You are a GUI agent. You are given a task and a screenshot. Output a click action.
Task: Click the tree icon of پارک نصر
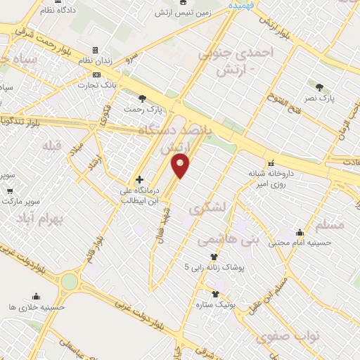320,88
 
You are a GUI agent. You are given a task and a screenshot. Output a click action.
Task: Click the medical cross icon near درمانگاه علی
139,179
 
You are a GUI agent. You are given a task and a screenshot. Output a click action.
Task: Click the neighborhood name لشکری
207,209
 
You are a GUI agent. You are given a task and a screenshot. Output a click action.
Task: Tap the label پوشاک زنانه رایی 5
214,267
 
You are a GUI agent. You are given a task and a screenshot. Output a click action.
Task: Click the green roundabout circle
70,282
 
